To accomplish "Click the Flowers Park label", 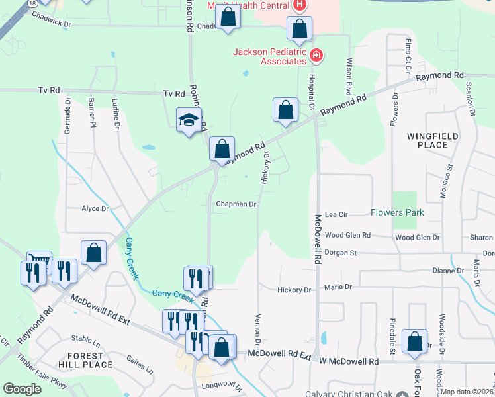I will tap(397, 213).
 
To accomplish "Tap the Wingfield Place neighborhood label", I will tap(433, 140).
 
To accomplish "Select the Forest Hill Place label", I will tap(85, 360).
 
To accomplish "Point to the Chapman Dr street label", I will tap(236, 204).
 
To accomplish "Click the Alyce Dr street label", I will tap(95, 209).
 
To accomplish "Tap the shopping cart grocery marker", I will tap(39, 262).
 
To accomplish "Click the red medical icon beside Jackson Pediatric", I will tap(316, 54).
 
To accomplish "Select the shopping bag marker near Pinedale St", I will tap(414, 341).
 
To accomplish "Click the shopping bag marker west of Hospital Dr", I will tap(285, 110).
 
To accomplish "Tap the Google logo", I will tap(22, 389).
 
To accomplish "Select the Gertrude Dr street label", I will tap(67, 114).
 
